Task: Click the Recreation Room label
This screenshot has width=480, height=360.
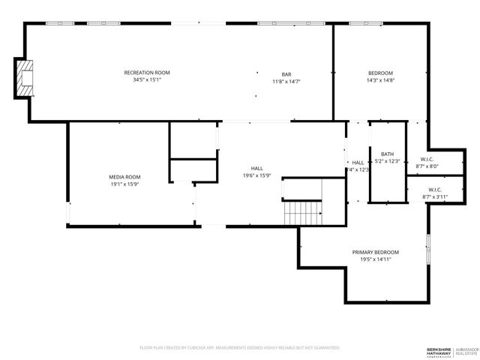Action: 147,73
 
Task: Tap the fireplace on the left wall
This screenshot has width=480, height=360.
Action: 25,79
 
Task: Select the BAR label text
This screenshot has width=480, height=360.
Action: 286,74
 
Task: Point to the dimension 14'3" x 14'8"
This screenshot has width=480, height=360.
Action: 381,80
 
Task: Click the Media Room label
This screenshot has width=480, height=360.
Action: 124,177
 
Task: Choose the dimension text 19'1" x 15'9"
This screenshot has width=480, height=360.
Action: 124,184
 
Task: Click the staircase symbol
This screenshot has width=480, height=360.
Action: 303,213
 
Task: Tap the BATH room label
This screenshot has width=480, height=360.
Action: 387,154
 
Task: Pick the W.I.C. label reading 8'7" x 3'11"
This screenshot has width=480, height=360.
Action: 435,193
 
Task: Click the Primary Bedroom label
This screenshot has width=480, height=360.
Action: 376,252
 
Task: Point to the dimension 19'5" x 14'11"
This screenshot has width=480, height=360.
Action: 376,259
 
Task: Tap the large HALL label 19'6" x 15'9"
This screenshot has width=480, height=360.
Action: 256,172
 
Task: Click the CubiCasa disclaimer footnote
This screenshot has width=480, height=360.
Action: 240,348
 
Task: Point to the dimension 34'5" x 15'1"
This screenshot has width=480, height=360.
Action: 147,80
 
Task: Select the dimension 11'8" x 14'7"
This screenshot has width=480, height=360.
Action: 286,81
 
